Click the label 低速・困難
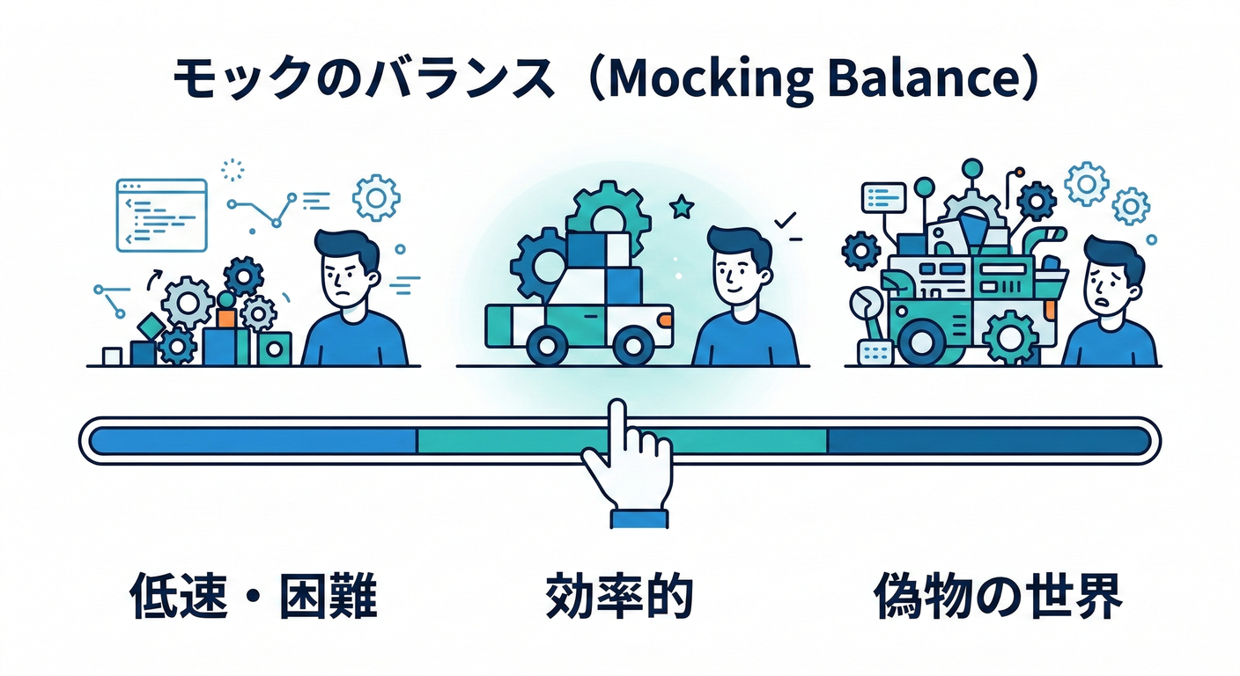[x=254, y=598]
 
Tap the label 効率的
[x=619, y=598]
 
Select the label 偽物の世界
[x=998, y=598]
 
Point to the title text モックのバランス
[x=363, y=81]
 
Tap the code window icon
[x=161, y=214]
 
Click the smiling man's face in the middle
[x=738, y=275]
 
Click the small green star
[x=681, y=208]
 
